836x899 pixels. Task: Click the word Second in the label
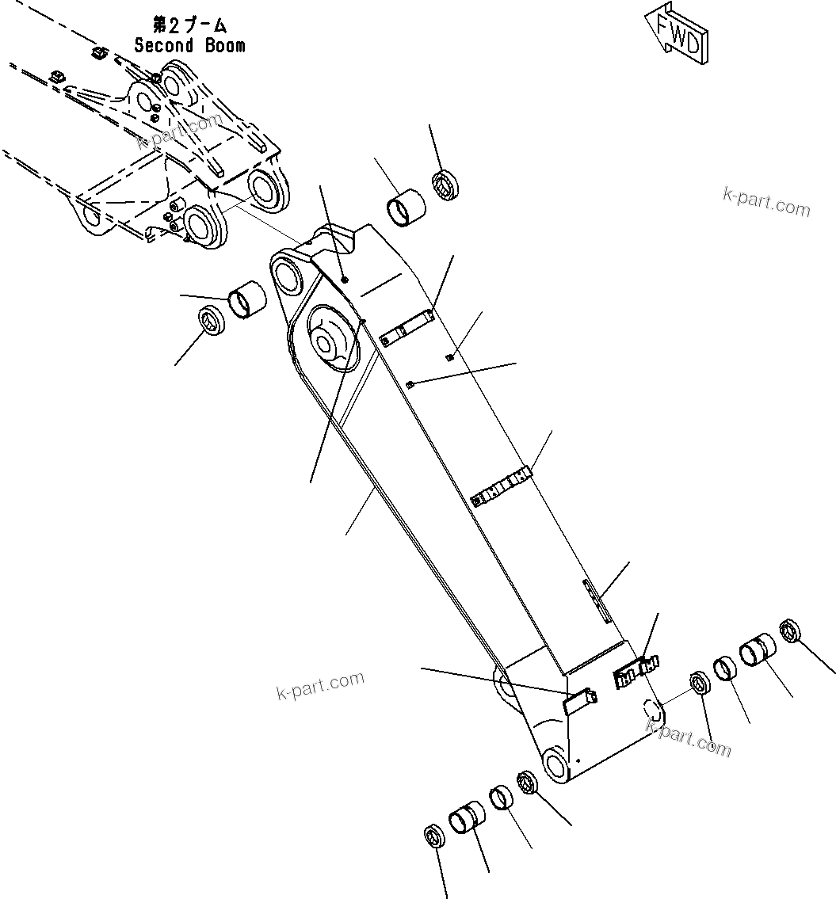(163, 45)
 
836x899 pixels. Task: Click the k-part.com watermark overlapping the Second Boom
(179, 131)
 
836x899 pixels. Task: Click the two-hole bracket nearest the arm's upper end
(407, 328)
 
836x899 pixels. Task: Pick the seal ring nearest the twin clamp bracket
(700, 684)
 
